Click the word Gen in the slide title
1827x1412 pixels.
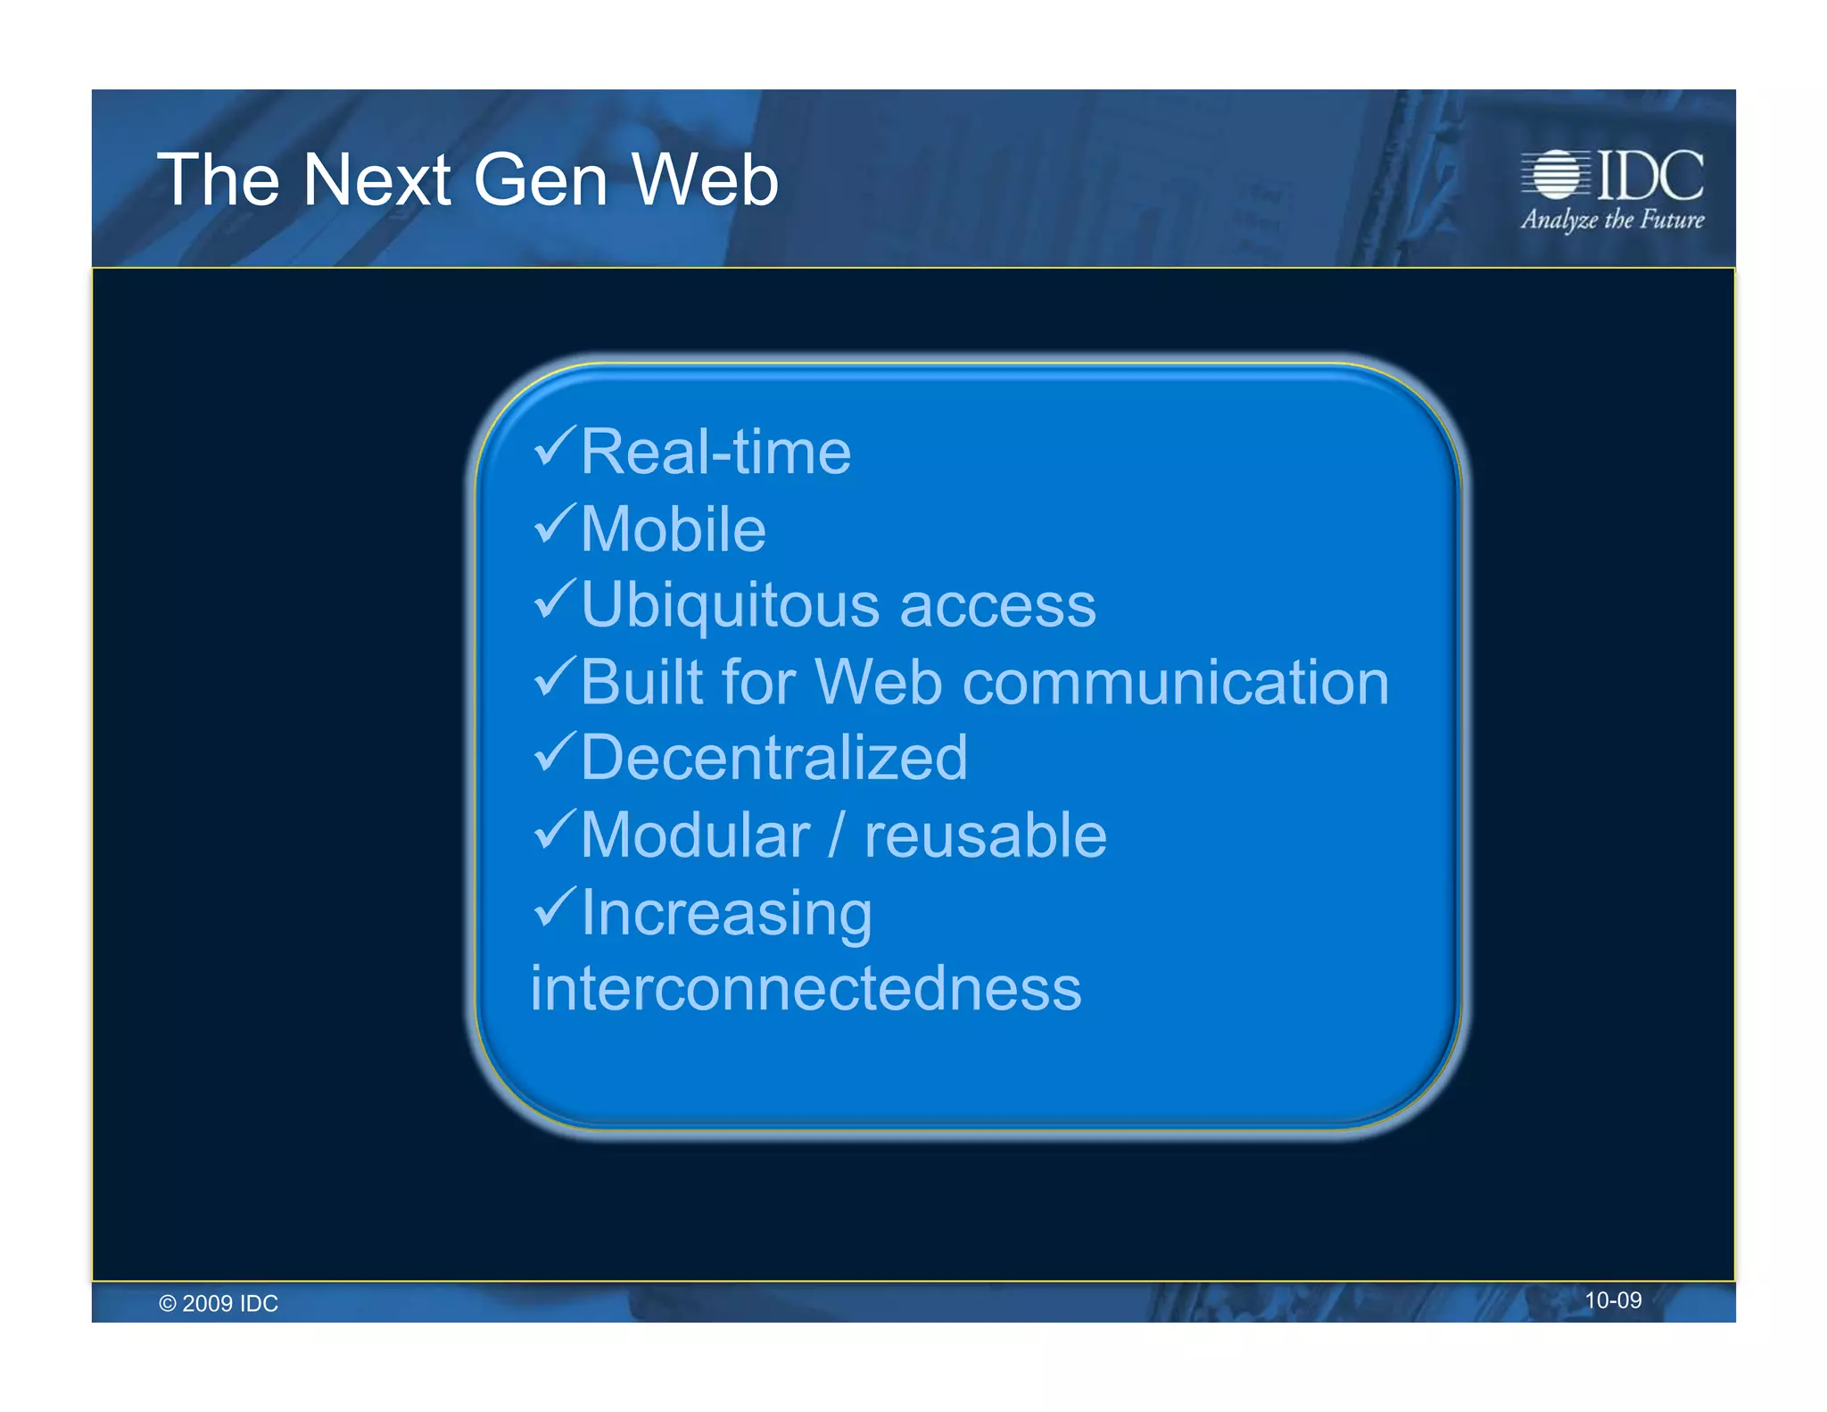click(541, 180)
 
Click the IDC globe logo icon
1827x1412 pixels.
click(1556, 174)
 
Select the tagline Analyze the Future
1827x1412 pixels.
click(1612, 220)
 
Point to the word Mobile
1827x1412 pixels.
click(673, 529)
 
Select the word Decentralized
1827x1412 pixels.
click(773, 759)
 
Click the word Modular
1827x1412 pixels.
click(695, 836)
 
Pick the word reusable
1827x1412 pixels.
click(985, 836)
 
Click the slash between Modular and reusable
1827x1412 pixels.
click(836, 836)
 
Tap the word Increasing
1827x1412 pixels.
click(726, 914)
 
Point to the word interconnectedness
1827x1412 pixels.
click(805, 989)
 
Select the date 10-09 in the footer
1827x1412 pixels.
click(1612, 1300)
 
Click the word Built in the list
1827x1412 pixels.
click(641, 683)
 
